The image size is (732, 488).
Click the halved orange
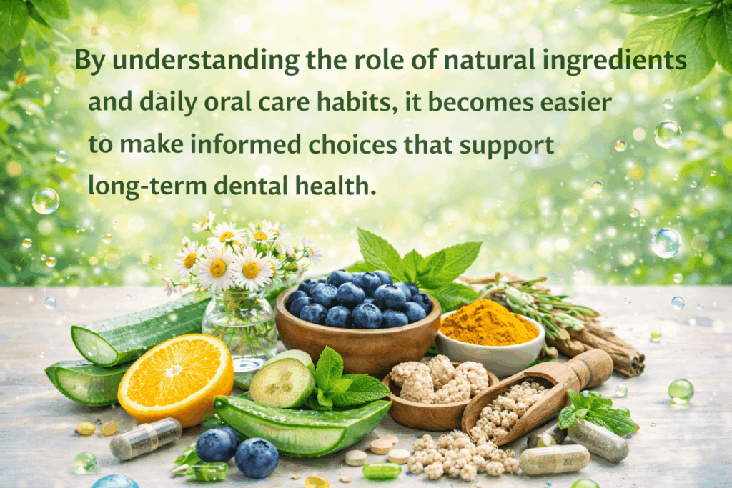pos(175,379)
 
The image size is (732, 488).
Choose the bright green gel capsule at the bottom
pos(381,470)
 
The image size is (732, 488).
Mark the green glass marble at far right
pos(681,390)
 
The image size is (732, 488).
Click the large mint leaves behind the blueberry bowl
pos(422,264)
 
